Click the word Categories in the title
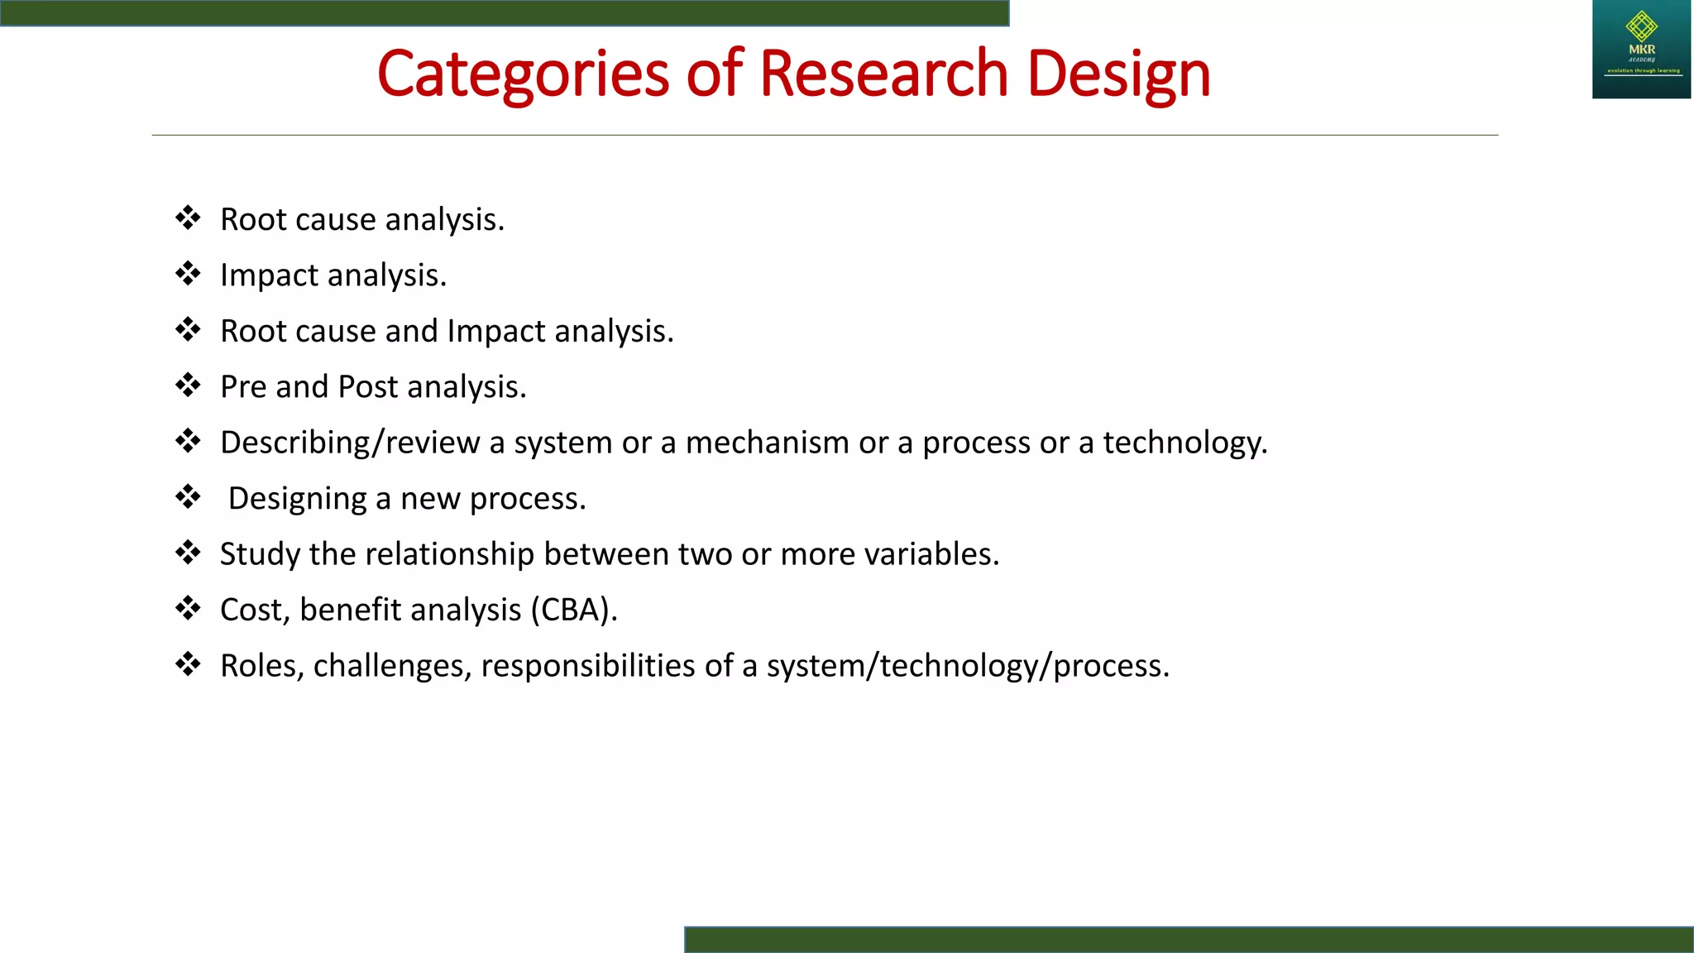[x=523, y=74]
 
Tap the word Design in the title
[x=1118, y=74]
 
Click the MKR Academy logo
[x=1641, y=50]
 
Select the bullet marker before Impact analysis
[x=188, y=274]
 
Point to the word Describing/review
[x=350, y=443]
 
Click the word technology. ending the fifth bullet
[x=1184, y=443]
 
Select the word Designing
[x=297, y=499]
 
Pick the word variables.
[x=931, y=554]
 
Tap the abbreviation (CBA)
[x=574, y=611]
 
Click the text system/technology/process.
[x=968, y=666]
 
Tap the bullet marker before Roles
[x=188, y=664]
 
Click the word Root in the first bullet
[x=252, y=220]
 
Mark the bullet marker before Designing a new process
[x=188, y=497]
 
